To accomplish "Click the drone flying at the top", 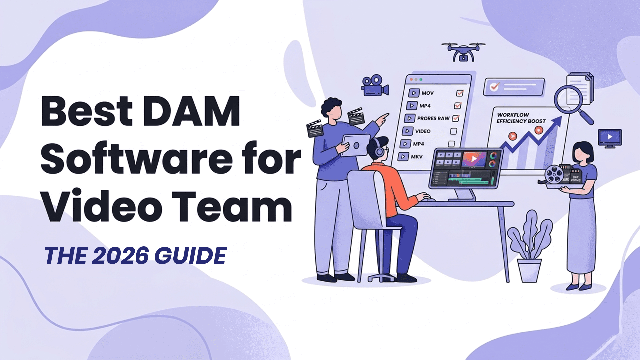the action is [x=463, y=52].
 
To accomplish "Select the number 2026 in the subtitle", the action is [x=120, y=256].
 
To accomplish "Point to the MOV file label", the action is [x=427, y=93].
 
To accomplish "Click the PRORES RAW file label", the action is [x=433, y=118].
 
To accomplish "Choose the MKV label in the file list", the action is [x=417, y=156].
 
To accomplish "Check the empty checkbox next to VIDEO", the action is [x=453, y=131].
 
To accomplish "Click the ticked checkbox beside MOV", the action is [x=460, y=93].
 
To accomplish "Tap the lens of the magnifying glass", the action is [x=568, y=99].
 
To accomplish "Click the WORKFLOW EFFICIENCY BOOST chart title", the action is [x=521, y=118].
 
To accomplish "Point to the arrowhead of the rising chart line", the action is [x=557, y=121].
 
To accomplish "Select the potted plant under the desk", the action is [x=529, y=247].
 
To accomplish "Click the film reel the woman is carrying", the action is [x=554, y=174].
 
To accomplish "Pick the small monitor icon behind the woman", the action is [x=610, y=138].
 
